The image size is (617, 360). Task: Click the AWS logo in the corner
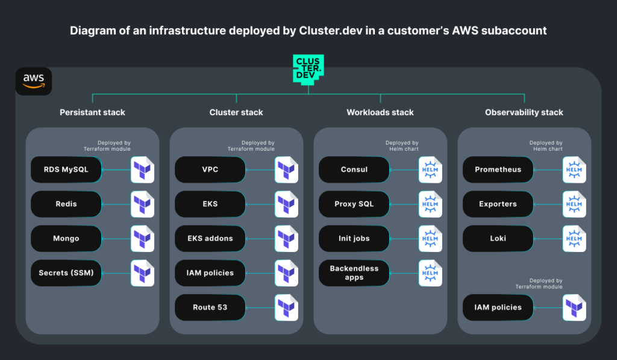pos(34,81)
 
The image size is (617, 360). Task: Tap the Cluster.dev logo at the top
pos(308,68)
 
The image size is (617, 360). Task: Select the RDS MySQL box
pos(66,169)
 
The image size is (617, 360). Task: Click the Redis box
pos(66,204)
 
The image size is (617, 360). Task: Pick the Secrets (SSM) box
pos(66,273)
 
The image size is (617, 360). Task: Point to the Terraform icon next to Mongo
pos(143,238)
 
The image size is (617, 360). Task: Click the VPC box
pos(210,169)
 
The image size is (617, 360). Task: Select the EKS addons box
pos(210,238)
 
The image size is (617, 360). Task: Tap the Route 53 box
pos(210,307)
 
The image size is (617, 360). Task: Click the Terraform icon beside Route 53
pos(287,307)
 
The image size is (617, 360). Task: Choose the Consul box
pos(354,169)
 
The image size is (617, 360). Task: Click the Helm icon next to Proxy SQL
pos(430,204)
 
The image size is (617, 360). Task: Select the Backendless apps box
pos(354,273)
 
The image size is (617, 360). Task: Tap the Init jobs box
pos(354,238)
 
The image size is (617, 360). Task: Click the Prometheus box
pos(498,169)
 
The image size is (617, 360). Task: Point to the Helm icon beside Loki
pos(574,238)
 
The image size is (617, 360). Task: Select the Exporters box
pos(498,204)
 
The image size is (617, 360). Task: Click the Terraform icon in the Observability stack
pos(574,307)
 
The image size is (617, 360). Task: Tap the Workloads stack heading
pos(380,112)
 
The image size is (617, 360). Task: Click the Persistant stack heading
pos(92,112)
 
